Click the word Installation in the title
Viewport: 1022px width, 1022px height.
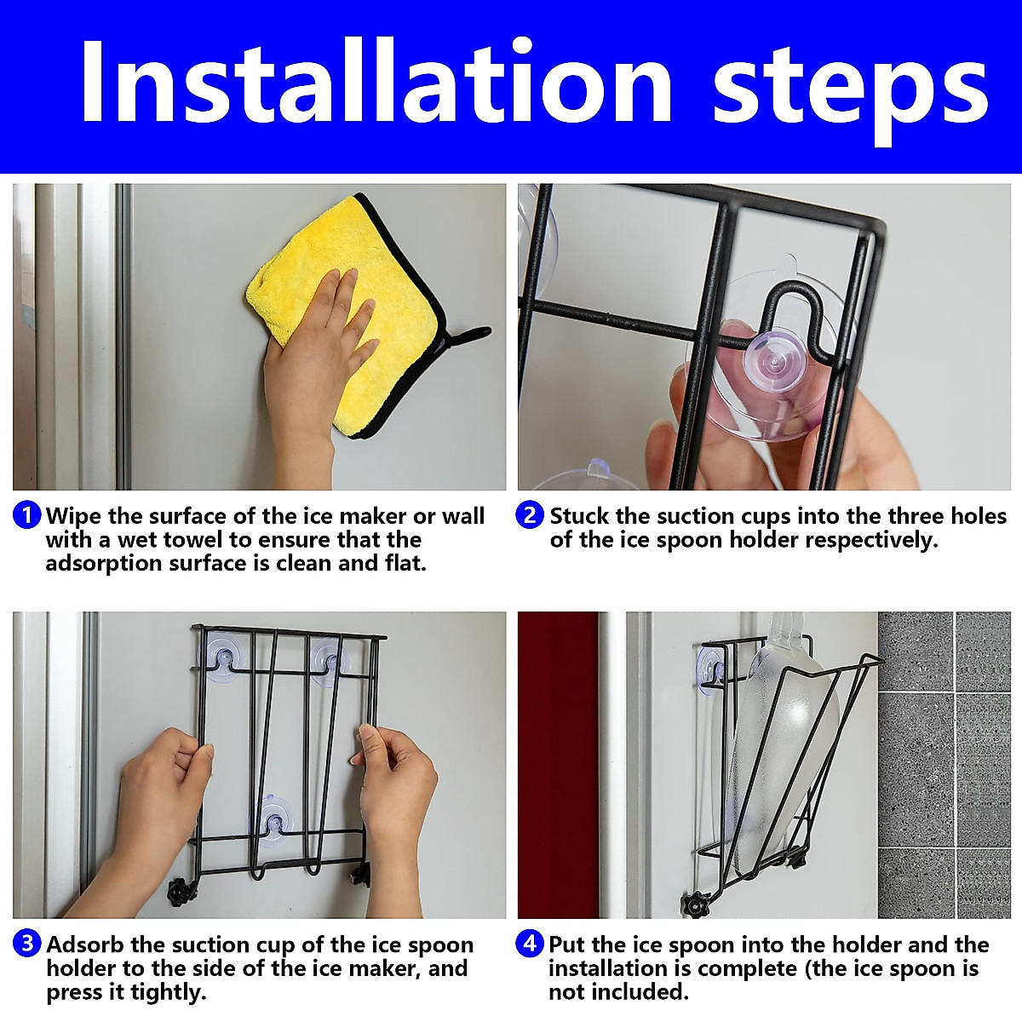(376, 81)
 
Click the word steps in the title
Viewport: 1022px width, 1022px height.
(850, 91)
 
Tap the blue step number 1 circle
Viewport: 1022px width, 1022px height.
(26, 514)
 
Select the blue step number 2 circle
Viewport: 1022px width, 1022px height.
(529, 514)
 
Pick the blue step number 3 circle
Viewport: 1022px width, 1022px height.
(26, 944)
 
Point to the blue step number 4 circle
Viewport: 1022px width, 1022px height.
(529, 944)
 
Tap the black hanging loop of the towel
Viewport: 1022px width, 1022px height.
(469, 337)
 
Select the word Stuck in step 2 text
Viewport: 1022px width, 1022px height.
(579, 515)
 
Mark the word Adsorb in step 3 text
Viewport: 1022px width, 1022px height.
(85, 944)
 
